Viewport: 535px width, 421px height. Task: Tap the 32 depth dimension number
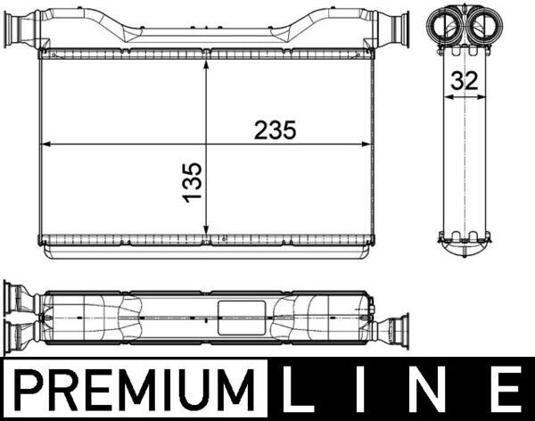464,80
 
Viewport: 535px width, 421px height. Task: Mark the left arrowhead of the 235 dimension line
46,143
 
